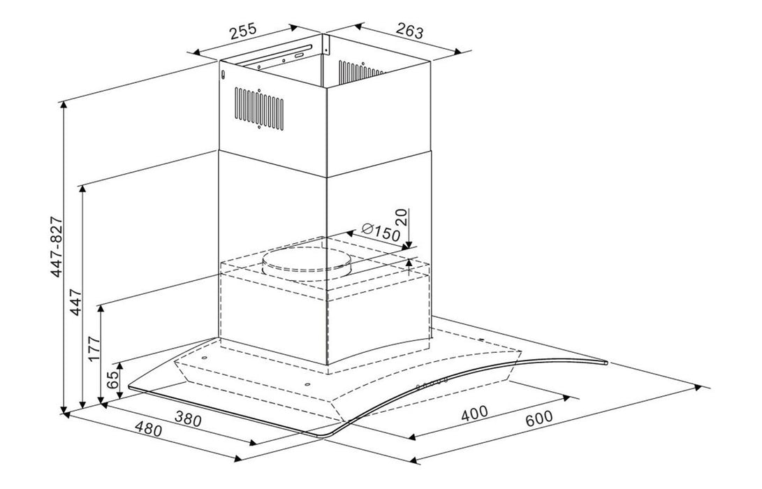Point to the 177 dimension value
[x=95, y=349]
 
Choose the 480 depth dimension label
[x=148, y=430]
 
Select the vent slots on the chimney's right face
[x=360, y=72]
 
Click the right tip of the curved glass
[x=605, y=363]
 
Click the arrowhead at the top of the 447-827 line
[x=64, y=103]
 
